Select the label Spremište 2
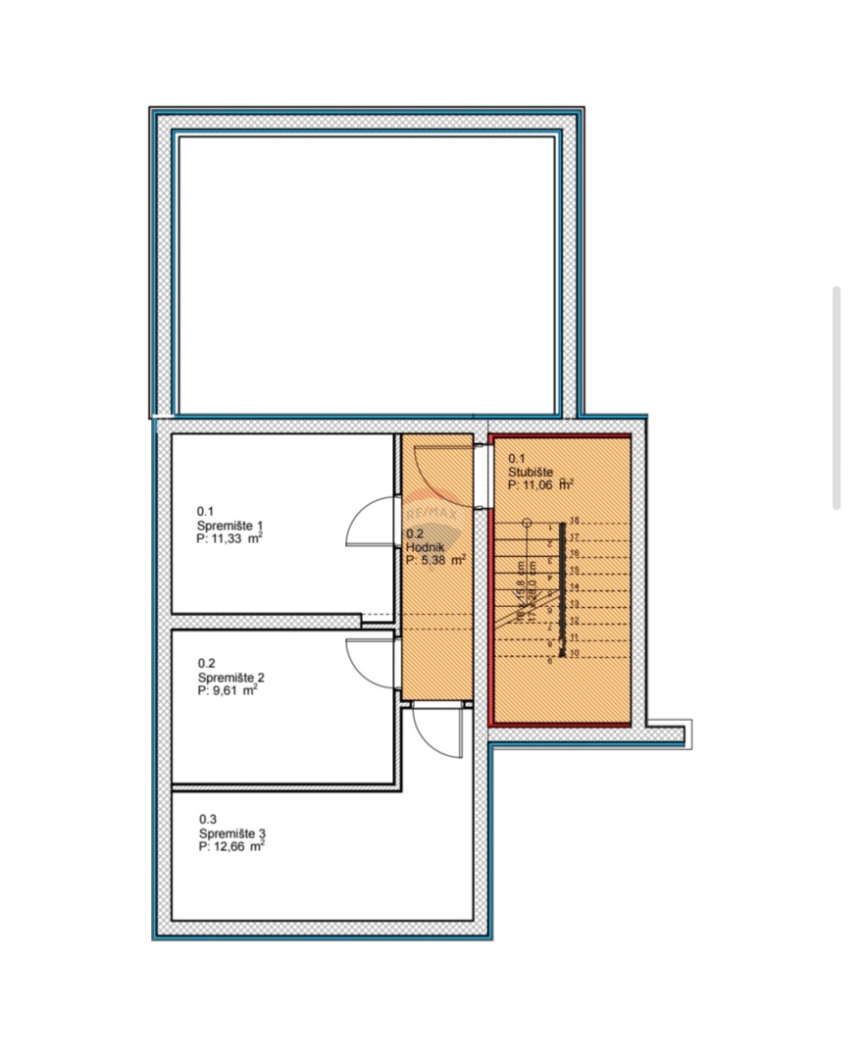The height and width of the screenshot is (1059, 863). [231, 677]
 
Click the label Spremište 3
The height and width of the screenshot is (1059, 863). [232, 832]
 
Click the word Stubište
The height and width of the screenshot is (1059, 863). [531, 471]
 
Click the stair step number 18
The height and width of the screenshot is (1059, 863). [575, 521]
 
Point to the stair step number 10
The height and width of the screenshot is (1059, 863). [575, 652]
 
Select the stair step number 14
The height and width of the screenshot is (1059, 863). [575, 586]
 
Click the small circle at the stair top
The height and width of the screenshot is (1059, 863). [527, 522]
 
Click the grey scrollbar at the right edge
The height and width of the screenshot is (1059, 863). [837, 397]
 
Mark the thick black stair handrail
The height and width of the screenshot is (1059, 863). [563, 588]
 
